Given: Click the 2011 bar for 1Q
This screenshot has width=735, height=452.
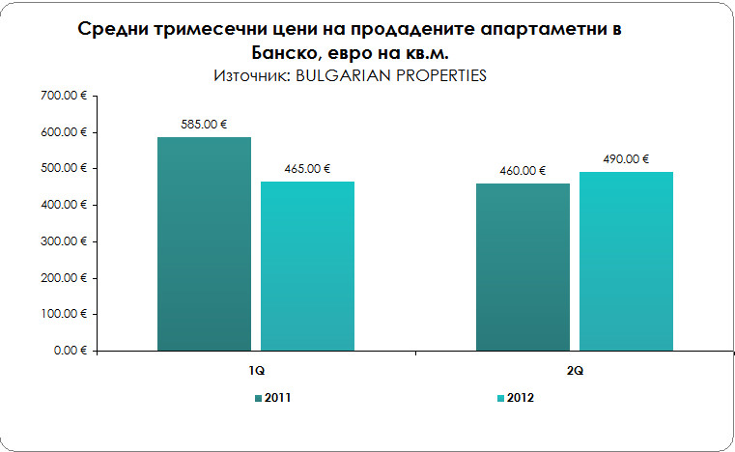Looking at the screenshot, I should (204, 243).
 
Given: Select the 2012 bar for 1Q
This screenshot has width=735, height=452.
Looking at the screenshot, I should (307, 266).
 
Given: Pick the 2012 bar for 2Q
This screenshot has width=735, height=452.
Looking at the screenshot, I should (626, 261).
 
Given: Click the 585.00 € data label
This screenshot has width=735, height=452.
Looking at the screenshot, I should (204, 125).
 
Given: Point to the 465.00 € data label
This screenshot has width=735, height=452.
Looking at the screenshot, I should (307, 169).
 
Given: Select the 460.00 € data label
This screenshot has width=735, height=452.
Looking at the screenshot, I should (523, 171).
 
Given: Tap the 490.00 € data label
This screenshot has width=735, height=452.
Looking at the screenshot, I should (626, 159).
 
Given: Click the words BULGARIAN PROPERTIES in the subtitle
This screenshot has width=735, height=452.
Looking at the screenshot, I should (383, 74).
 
